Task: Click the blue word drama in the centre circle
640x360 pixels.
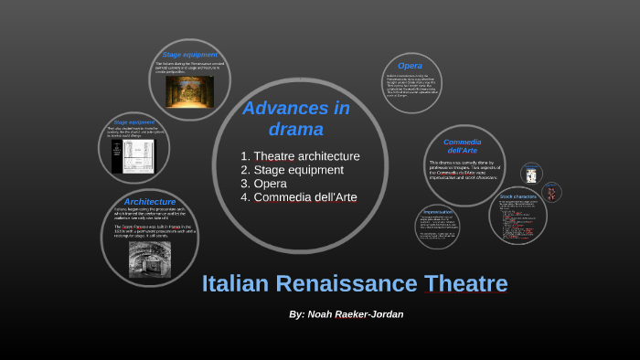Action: coord(295,129)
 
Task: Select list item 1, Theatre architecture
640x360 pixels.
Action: coord(300,156)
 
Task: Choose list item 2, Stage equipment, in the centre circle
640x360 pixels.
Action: coord(292,170)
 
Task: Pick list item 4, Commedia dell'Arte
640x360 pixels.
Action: coord(298,197)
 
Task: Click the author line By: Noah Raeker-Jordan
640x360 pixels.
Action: coord(346,314)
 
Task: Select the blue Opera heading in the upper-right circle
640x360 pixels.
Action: coord(410,66)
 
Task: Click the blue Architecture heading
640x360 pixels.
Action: coord(149,201)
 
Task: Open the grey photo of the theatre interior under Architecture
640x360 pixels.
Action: coord(149,259)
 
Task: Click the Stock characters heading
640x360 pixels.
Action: coord(517,196)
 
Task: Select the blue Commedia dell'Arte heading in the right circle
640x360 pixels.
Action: coord(462,146)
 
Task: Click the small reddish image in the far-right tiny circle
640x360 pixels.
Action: coord(551,193)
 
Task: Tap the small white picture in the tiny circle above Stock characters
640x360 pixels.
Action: coord(531,174)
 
